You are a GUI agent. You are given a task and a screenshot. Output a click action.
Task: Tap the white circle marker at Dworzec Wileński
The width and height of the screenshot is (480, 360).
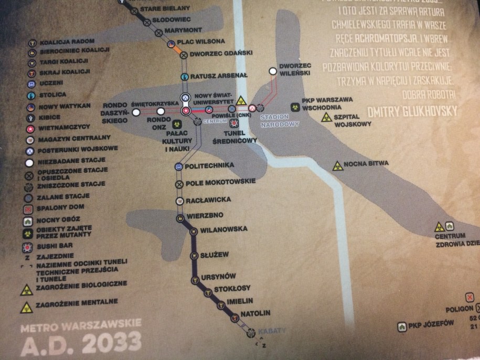[272, 71]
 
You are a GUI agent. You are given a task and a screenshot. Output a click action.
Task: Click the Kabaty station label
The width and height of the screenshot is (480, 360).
[272, 331]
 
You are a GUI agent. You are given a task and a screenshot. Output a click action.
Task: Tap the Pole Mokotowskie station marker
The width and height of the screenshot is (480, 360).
[179, 184]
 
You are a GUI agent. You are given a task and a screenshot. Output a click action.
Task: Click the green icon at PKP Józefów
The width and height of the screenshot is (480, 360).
[403, 326]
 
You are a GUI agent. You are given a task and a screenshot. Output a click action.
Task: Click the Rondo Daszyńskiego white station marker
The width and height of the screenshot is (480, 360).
[136, 112]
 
